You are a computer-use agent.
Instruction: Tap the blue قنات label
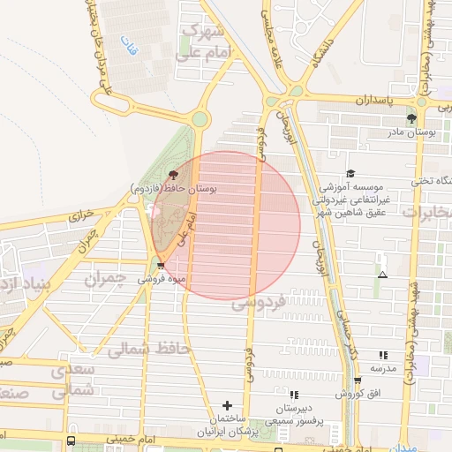132,50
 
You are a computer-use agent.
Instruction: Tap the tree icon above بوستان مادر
411,118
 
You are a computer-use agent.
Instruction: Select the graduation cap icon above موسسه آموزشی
350,174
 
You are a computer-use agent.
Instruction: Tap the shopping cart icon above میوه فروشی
160,264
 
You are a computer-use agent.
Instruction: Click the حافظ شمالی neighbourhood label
149,349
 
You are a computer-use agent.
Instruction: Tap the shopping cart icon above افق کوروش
358,380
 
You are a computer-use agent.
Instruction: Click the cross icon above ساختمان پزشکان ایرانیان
228,405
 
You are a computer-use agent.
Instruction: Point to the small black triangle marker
382,275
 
